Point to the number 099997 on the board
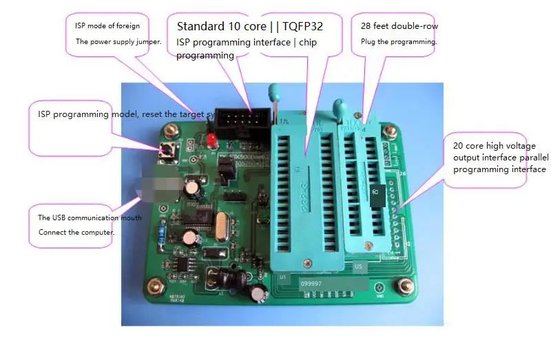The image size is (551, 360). click(311, 283)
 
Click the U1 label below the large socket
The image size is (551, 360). click(282, 276)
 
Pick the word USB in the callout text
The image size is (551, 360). click(59, 218)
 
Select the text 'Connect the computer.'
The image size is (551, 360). click(76, 232)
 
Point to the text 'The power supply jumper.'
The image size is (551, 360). click(118, 41)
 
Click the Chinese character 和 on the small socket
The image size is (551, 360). click(373, 192)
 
